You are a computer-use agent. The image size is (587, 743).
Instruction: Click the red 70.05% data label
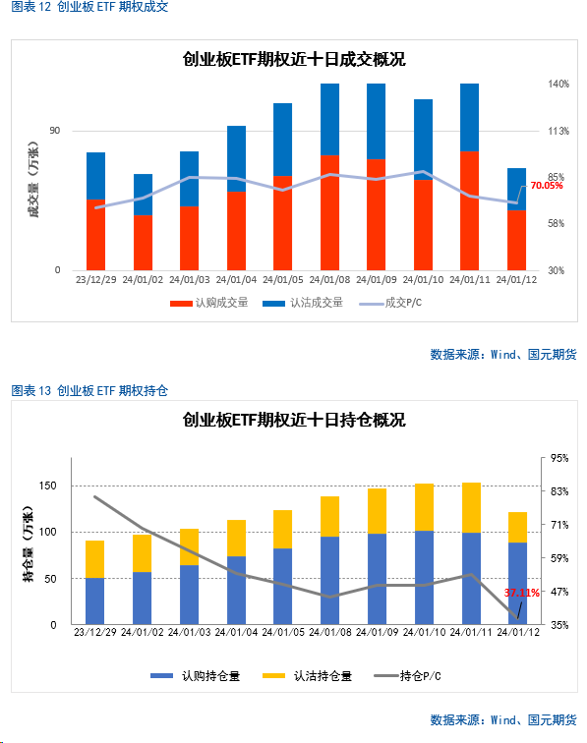coord(547,186)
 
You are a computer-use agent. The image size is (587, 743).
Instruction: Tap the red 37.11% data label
coord(521,593)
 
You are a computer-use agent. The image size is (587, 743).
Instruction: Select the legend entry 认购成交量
coord(209,303)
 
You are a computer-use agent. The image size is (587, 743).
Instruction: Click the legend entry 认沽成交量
coord(303,303)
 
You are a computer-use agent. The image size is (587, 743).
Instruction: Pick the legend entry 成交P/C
coord(390,303)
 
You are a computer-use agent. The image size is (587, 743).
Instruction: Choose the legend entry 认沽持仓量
coord(307,676)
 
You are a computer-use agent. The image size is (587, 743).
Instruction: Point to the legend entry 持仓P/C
coord(407,676)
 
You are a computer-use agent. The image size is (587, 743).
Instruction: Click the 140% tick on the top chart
coord(558,84)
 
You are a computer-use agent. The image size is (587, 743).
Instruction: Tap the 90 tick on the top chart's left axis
coord(55,131)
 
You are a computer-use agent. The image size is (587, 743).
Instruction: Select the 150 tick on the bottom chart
coord(47,486)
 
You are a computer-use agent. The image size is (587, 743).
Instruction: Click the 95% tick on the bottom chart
coord(559,458)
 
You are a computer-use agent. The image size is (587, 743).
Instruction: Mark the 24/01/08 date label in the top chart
coord(329,280)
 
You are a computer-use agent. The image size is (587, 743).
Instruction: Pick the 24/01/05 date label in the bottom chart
coord(283,632)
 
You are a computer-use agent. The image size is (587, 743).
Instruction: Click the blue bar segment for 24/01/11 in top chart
coord(469,118)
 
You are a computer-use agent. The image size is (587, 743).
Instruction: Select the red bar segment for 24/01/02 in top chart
coord(143,243)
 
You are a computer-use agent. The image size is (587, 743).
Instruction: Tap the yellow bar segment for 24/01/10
coord(425,507)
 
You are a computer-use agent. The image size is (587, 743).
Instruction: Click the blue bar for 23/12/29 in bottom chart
coord(94,600)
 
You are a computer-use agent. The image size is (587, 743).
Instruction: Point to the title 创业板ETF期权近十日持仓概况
coord(294,420)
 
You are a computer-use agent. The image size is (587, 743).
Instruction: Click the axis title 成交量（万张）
coord(33,179)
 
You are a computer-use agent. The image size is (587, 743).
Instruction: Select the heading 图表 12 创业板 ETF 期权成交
coord(89,7)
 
